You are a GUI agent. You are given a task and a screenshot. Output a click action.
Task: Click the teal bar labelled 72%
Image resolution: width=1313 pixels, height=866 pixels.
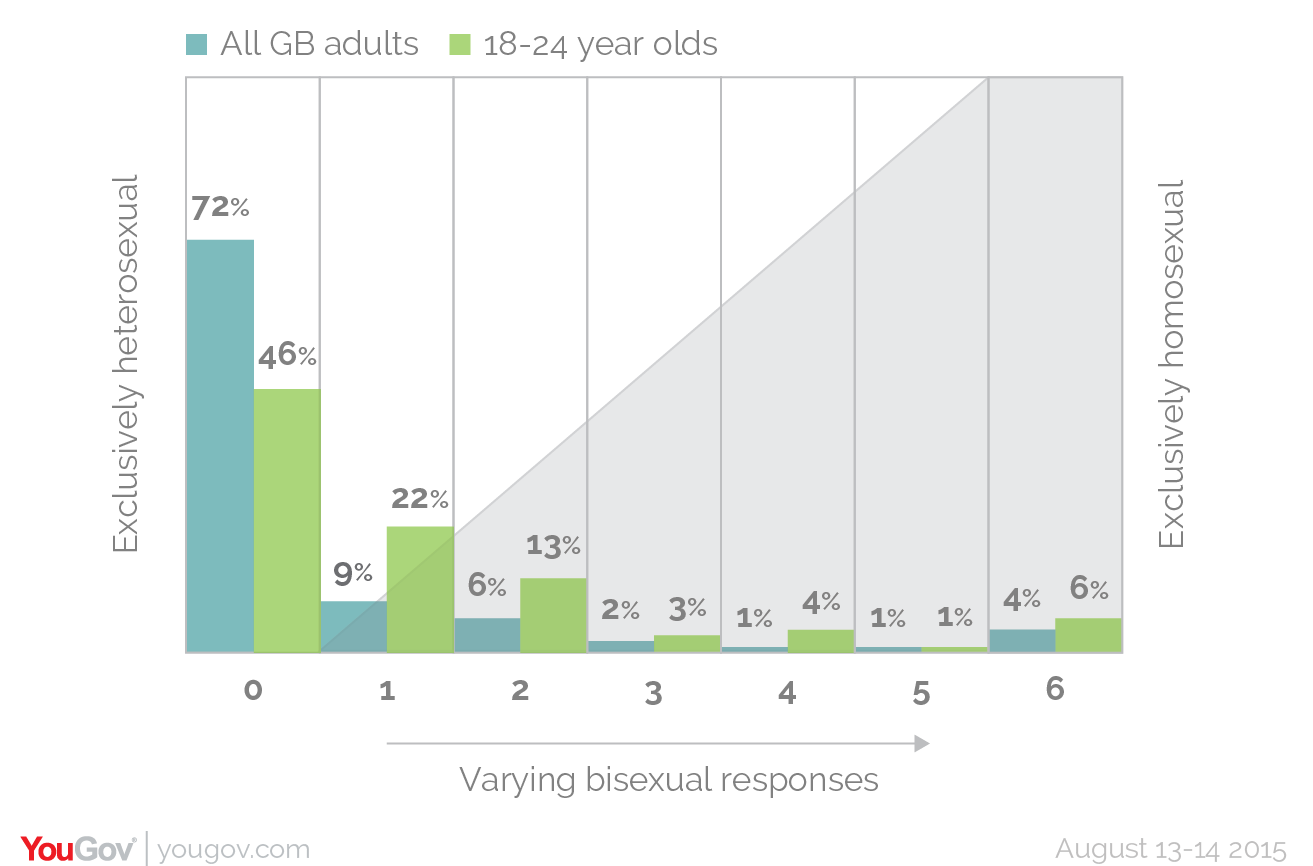coord(220,446)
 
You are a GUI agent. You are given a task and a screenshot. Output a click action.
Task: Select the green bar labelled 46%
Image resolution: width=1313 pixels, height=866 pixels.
coord(287,520)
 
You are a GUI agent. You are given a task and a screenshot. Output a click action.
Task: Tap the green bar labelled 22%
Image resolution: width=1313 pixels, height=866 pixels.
coord(420,589)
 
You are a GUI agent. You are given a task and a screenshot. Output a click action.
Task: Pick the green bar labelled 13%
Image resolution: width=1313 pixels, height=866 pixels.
coord(553,615)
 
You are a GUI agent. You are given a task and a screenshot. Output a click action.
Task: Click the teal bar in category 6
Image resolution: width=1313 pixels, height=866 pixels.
coord(1022,641)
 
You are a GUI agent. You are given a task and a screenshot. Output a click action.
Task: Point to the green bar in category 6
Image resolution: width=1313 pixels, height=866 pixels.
coord(1089,635)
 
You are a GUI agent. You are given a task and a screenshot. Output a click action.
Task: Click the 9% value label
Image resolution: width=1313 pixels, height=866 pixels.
coord(353,574)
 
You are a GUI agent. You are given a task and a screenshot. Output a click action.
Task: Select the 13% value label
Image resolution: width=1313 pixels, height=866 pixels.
coord(553,546)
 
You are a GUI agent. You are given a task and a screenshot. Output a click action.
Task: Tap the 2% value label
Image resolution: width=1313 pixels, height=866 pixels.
coord(620,609)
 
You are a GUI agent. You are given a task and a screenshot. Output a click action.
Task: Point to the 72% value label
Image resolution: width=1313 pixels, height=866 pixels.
coord(220,208)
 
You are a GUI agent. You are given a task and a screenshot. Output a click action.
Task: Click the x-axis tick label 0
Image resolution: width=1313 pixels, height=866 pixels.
coord(253,690)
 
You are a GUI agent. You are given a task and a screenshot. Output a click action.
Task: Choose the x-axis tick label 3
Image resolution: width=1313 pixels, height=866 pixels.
coord(653,692)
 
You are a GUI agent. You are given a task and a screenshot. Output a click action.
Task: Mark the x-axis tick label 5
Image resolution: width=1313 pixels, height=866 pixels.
coord(921,692)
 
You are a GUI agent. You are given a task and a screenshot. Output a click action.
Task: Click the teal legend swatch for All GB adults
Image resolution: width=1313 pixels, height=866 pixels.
coord(197,45)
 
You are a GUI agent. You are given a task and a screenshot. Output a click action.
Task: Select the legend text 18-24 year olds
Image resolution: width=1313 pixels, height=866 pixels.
coord(600,45)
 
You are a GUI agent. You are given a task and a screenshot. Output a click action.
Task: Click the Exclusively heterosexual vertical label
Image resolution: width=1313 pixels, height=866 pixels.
coord(125,364)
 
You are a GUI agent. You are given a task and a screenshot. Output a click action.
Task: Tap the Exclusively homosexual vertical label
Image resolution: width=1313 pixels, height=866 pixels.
coord(1171,364)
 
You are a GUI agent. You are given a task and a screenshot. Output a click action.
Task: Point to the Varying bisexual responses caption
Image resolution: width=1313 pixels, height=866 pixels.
coord(669,779)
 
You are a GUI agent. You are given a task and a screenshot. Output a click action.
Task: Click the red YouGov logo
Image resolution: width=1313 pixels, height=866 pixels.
coord(78,849)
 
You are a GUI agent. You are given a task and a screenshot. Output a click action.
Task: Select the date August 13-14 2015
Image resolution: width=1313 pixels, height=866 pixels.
coord(1170,849)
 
